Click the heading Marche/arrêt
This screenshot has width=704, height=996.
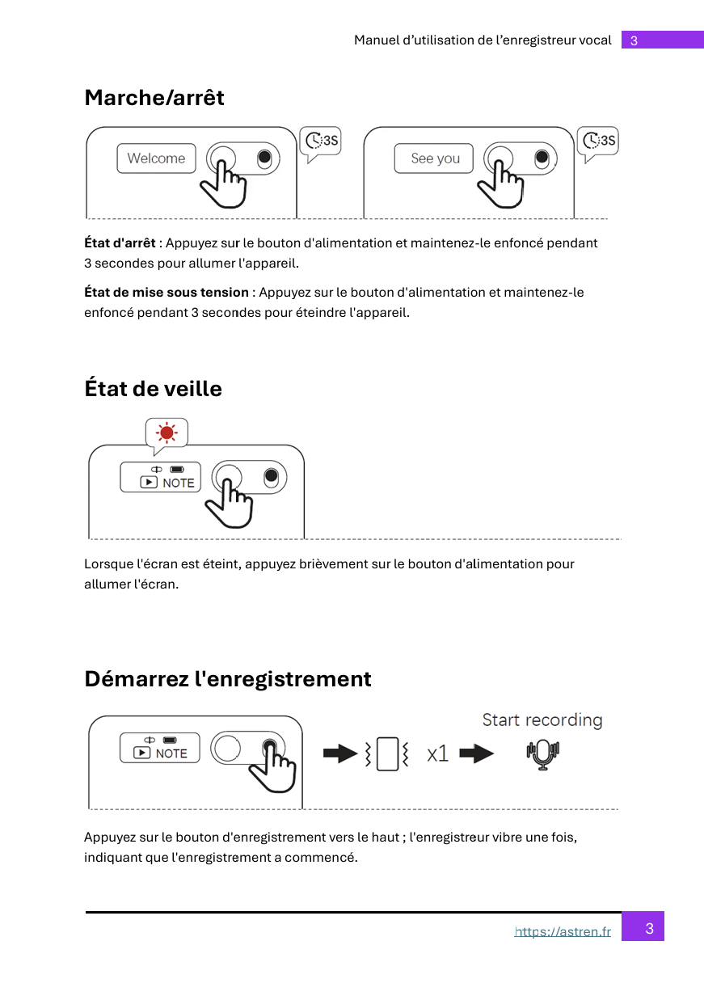click(154, 98)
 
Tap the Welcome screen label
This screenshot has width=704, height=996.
click(156, 158)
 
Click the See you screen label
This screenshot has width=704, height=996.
click(434, 158)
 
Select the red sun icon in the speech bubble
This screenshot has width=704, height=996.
click(167, 433)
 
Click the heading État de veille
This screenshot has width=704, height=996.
click(153, 389)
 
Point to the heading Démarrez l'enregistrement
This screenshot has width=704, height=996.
click(228, 679)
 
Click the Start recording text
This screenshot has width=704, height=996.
click(542, 720)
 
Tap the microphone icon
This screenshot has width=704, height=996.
click(543, 755)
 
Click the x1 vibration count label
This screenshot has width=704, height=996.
click(437, 754)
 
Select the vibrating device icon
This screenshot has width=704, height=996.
click(388, 754)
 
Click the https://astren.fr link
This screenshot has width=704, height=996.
click(563, 932)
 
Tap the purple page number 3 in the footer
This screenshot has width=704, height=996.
click(649, 928)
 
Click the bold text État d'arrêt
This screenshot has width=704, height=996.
click(120, 243)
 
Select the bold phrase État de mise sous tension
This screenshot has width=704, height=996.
click(167, 293)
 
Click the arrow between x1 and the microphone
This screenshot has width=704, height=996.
click(476, 754)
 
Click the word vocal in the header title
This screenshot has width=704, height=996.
click(596, 40)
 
